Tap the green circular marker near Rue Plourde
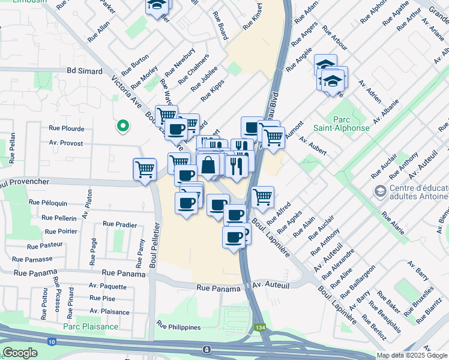click(123, 126)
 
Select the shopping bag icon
click(208, 165)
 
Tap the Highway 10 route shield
click(50, 341)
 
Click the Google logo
click(20, 353)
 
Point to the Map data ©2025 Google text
click(412, 355)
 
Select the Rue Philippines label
click(178, 325)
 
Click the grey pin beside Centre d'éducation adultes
click(379, 191)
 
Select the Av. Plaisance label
click(109, 311)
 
